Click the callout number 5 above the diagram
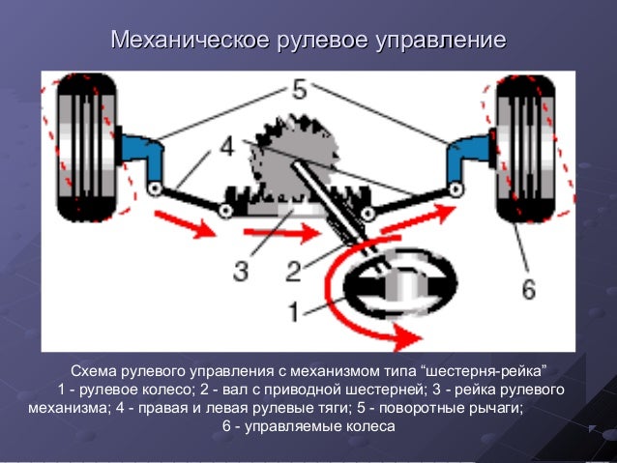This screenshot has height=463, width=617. click(298, 90)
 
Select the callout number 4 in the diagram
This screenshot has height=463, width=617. click(226, 147)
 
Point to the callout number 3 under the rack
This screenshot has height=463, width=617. click(240, 270)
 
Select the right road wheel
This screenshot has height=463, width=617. click(525, 147)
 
